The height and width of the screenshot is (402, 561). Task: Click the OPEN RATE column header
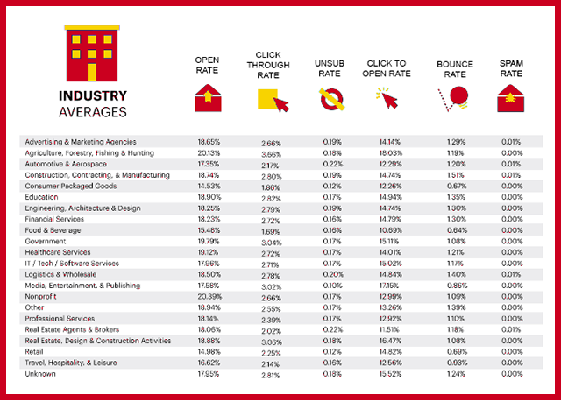(209, 65)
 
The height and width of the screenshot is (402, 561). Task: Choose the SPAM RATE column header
(511, 69)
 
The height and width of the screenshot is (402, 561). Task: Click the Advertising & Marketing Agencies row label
(81, 141)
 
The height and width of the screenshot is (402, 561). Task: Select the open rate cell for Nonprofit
(209, 297)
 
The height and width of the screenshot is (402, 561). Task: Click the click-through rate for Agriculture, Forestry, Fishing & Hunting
(271, 153)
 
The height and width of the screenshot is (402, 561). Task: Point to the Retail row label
(36, 352)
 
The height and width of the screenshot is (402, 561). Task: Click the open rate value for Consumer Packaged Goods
(209, 186)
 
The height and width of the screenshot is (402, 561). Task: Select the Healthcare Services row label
(58, 252)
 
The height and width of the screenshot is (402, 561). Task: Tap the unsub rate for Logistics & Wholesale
(331, 274)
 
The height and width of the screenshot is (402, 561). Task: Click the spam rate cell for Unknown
(511, 375)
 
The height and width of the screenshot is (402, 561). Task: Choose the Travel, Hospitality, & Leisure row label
(71, 363)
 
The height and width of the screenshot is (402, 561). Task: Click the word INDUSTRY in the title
(93, 96)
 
